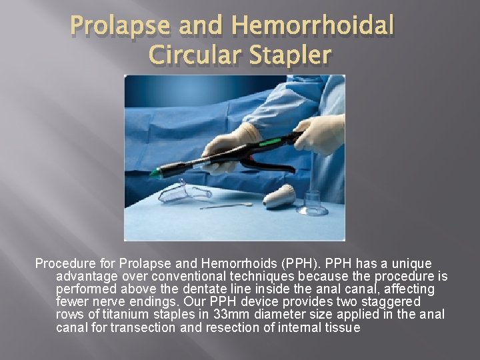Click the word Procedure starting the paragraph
[x=65, y=263]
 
